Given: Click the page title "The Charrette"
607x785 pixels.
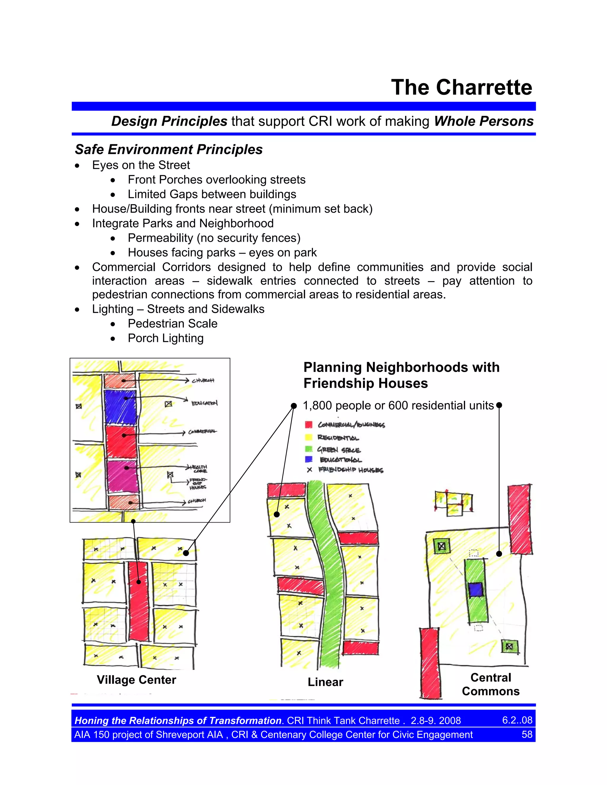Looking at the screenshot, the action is (x=461, y=87).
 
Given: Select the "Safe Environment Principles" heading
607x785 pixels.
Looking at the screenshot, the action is (x=169, y=149).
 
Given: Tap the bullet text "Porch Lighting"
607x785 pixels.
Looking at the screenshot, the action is (x=165, y=338).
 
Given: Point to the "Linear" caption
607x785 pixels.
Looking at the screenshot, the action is (x=325, y=682).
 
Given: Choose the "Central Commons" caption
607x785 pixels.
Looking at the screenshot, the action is (x=491, y=684).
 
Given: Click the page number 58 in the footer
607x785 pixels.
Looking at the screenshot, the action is (x=527, y=734).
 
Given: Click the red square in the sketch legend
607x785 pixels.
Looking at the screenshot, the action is (x=309, y=424).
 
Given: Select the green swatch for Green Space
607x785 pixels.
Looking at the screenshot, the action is (x=309, y=449).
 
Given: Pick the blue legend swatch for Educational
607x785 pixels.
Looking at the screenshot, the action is (x=309, y=459).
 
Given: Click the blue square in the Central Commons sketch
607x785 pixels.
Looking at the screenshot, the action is (x=476, y=590).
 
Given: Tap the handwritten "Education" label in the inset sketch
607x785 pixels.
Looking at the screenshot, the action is (x=204, y=403).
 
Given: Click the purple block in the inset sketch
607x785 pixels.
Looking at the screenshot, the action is (x=122, y=476).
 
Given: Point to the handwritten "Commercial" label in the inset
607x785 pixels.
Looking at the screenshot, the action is (x=202, y=431).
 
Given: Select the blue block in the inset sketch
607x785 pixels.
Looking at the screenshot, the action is (x=120, y=407).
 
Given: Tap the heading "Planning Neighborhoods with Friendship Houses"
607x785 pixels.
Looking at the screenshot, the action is (x=401, y=375).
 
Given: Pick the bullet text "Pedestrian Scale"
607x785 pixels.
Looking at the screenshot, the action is (x=172, y=323).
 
